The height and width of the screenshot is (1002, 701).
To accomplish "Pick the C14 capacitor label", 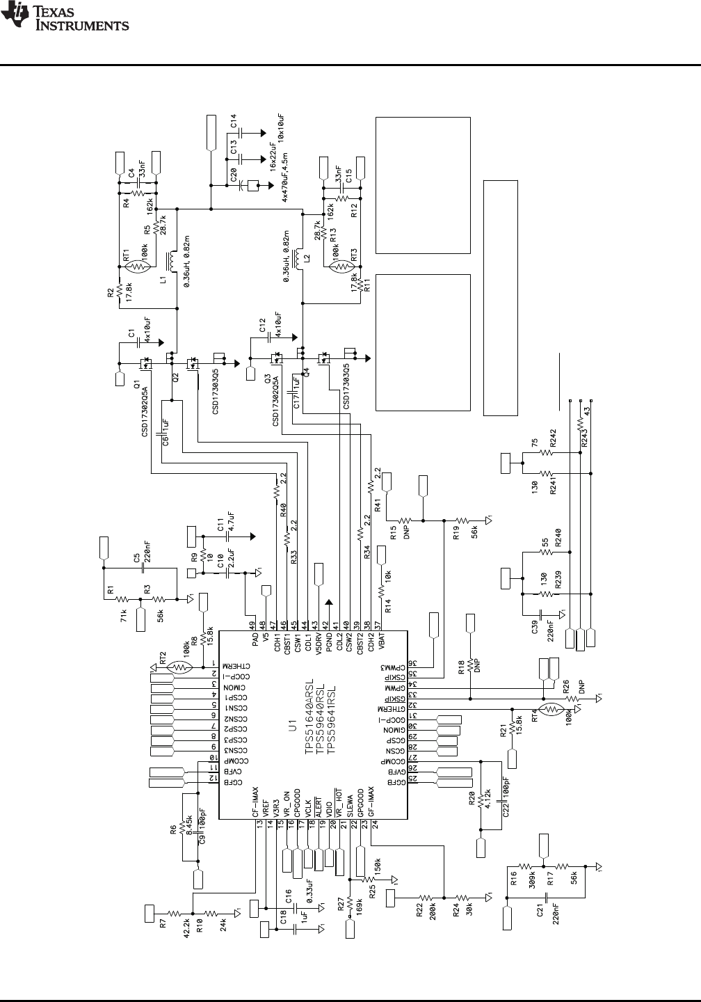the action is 234,120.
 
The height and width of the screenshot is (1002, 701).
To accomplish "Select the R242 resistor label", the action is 554,438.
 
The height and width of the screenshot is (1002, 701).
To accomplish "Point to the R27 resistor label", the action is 340,905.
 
